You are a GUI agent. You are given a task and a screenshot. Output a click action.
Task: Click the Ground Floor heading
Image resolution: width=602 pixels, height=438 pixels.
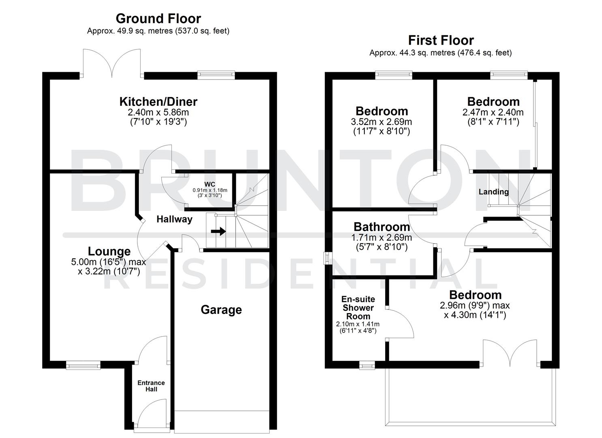[x=158, y=19]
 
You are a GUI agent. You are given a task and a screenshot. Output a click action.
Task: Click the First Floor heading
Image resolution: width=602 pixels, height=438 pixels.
[x=441, y=41]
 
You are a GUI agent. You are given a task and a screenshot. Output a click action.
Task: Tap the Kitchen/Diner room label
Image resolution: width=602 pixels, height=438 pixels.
[x=158, y=101]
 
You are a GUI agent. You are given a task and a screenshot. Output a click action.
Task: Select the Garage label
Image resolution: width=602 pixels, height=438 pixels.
[x=221, y=310]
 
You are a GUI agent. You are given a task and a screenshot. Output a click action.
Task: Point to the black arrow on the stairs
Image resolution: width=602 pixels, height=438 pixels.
[x=218, y=232]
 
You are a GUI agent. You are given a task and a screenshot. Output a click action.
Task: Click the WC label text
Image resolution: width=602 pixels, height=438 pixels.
[x=210, y=185]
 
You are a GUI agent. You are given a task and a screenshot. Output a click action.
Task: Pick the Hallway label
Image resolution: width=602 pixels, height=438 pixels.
[x=174, y=219]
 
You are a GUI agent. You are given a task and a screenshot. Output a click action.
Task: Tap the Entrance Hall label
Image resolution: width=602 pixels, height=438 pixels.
[x=151, y=386]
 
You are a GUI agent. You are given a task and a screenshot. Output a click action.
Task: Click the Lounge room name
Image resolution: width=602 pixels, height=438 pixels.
[x=109, y=251]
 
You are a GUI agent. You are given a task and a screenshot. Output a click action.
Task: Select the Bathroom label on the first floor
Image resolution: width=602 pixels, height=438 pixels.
[x=382, y=227]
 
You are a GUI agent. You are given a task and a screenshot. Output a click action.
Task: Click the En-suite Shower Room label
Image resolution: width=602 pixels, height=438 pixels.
[x=358, y=308]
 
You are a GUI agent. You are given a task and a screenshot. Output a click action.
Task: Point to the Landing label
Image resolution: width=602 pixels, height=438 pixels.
[x=493, y=192]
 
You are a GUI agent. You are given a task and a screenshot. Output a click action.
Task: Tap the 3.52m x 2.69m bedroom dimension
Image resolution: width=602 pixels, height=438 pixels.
[x=381, y=122]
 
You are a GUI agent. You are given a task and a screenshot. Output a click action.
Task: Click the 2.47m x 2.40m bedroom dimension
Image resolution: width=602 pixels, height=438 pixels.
[x=493, y=112]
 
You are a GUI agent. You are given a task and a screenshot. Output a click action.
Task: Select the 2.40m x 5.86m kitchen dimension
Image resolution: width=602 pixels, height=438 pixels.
[x=158, y=112]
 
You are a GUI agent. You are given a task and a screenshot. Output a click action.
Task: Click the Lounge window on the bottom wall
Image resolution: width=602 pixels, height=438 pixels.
[x=84, y=366]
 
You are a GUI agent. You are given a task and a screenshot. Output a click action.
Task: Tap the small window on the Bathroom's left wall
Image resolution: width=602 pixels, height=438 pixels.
[x=326, y=259]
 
